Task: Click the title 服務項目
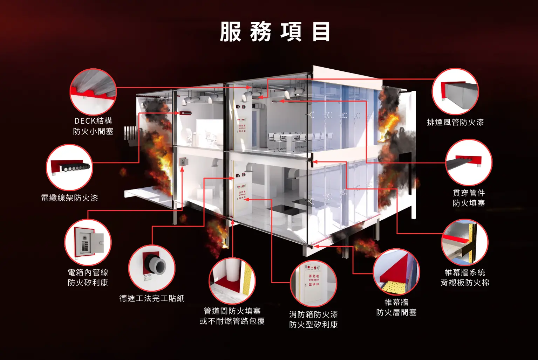pyautogui.click(x=275, y=32)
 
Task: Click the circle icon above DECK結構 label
pyautogui.click(x=93, y=91)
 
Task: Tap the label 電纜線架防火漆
pyautogui.click(x=69, y=198)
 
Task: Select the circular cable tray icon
pyautogui.click(x=69, y=167)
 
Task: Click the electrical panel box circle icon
pyautogui.click(x=88, y=242)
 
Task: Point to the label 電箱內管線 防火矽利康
pyautogui.click(x=88, y=277)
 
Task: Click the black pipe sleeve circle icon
pyautogui.click(x=152, y=268)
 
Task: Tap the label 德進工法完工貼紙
pyautogui.click(x=152, y=298)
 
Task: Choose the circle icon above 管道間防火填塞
pyautogui.click(x=232, y=281)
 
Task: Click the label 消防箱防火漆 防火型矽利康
pyautogui.click(x=313, y=319)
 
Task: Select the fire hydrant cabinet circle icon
pyautogui.click(x=313, y=283)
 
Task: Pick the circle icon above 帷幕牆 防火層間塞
pyautogui.click(x=396, y=272)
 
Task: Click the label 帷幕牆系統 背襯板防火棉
pyautogui.click(x=465, y=277)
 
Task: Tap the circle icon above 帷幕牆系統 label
pyautogui.click(x=465, y=242)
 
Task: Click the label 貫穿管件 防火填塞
pyautogui.click(x=469, y=198)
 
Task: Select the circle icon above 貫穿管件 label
pyautogui.click(x=469, y=162)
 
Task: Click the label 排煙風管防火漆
pyautogui.click(x=455, y=122)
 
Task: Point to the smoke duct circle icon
pyautogui.click(x=455, y=91)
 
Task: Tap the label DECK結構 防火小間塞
pyautogui.click(x=93, y=126)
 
